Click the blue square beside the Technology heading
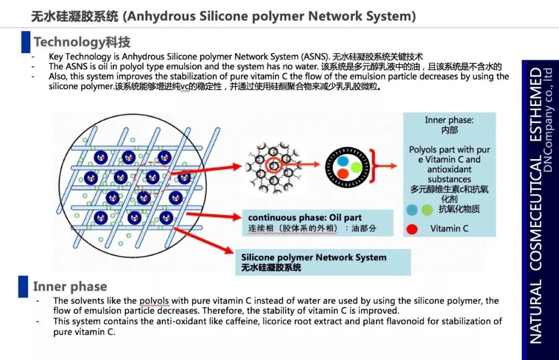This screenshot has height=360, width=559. tap(25, 41)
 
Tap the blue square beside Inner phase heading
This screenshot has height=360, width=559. tap(23, 286)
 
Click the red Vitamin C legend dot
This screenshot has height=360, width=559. tap(412, 228)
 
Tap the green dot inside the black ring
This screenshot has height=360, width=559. tap(355, 167)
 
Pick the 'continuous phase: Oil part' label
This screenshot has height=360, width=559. tap(305, 218)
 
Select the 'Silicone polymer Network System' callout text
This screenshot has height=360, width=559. tap(314, 257)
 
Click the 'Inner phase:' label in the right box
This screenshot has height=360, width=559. tap(449, 120)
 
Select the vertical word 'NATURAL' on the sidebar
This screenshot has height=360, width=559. tap(536, 311)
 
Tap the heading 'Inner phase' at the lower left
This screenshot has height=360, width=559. tap(70, 286)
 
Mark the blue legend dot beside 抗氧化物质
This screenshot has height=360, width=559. tap(412, 210)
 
